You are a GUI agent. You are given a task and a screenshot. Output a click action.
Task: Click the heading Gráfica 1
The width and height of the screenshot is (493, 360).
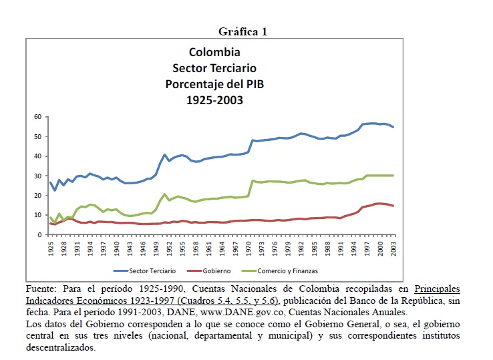pyautogui.click(x=243, y=32)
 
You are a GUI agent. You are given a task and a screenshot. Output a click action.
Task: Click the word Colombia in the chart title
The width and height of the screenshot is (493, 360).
pyautogui.click(x=214, y=52)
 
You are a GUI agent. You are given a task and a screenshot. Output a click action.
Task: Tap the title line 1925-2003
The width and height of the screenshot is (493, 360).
pyautogui.click(x=214, y=100)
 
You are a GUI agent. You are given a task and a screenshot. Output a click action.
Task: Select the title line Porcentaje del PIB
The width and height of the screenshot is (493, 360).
pyautogui.click(x=214, y=84)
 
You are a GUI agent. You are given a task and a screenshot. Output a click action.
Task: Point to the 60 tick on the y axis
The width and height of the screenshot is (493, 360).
pyautogui.click(x=38, y=117)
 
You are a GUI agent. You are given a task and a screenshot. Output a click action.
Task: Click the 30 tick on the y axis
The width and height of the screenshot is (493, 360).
pyautogui.click(x=38, y=176)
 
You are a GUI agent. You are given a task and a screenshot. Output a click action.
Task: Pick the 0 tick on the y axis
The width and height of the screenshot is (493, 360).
pyautogui.click(x=40, y=234)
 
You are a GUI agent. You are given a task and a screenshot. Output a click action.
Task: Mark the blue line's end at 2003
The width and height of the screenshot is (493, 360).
pyautogui.click(x=393, y=127)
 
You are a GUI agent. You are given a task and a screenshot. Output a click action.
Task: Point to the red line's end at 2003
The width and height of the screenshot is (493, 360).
pyautogui.click(x=393, y=206)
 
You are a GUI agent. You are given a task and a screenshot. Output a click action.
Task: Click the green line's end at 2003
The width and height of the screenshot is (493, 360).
pyautogui.click(x=393, y=176)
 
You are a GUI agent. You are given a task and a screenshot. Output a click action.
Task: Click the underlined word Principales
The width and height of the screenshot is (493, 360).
pyautogui.click(x=437, y=289)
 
